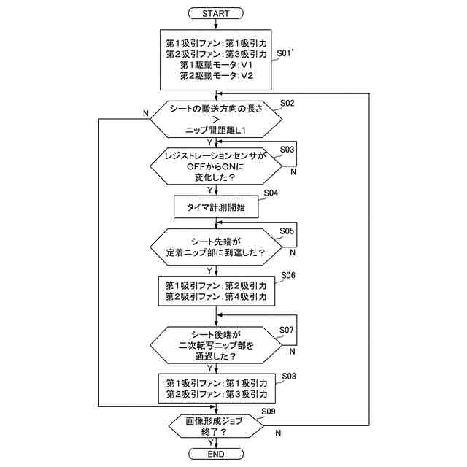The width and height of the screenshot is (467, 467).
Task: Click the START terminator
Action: coord(217,13)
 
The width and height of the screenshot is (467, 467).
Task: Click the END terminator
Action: coord(217,455)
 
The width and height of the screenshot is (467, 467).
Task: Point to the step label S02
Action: coord(287,104)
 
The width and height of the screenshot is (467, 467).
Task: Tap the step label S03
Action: coord(287,150)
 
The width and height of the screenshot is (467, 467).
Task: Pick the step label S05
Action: coord(287,231)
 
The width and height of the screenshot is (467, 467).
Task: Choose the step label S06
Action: coord(287,276)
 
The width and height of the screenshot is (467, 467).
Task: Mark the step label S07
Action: coord(287,331)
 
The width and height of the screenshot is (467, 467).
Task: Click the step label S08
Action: coord(287,376)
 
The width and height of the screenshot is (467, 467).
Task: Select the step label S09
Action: coord(269,412)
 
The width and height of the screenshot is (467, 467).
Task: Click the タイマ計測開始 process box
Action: coord(217,207)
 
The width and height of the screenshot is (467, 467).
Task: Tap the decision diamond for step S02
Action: coord(217,119)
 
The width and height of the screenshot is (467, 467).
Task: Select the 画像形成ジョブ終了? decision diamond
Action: coord(217,425)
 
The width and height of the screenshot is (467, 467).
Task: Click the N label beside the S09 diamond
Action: coord(278,433)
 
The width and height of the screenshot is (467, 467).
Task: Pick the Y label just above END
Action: coord(211,442)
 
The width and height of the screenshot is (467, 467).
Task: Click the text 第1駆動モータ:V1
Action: coord(217,65)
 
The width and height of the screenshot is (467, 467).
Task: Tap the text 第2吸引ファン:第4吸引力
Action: coord(217,297)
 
